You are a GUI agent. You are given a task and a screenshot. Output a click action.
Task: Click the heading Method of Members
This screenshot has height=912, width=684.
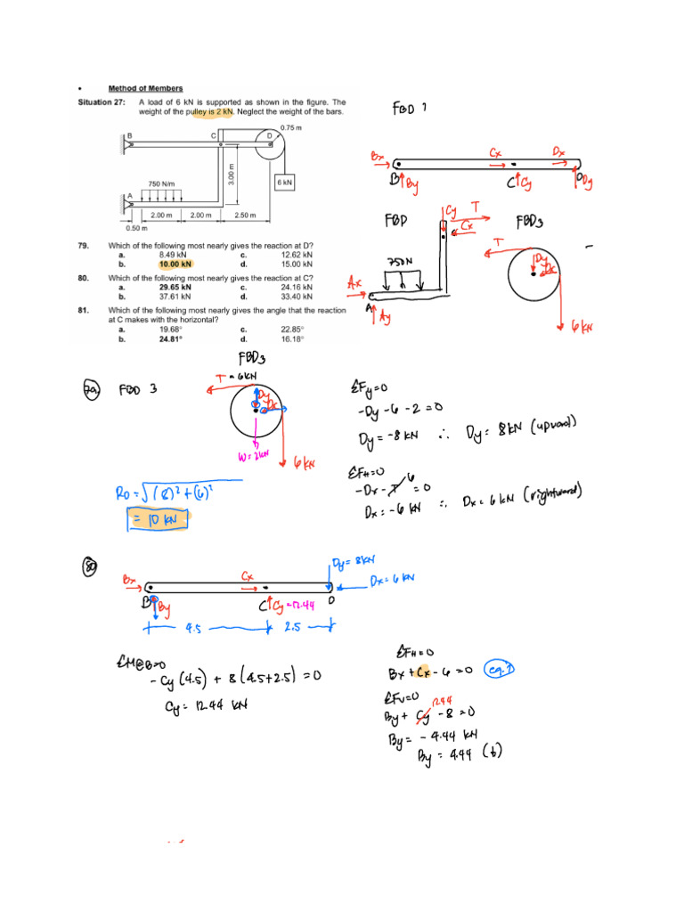(x=145, y=88)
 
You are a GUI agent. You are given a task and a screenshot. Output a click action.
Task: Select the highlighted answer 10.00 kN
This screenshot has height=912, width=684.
(x=175, y=265)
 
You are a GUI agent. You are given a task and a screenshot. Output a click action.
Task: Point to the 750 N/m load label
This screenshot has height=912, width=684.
(x=160, y=183)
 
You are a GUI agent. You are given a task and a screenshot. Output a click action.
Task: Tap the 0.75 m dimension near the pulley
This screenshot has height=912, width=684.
(x=291, y=127)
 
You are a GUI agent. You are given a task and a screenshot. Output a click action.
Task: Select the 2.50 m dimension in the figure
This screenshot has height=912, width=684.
(x=245, y=216)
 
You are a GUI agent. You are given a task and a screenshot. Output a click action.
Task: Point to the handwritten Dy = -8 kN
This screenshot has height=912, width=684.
(x=388, y=437)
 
